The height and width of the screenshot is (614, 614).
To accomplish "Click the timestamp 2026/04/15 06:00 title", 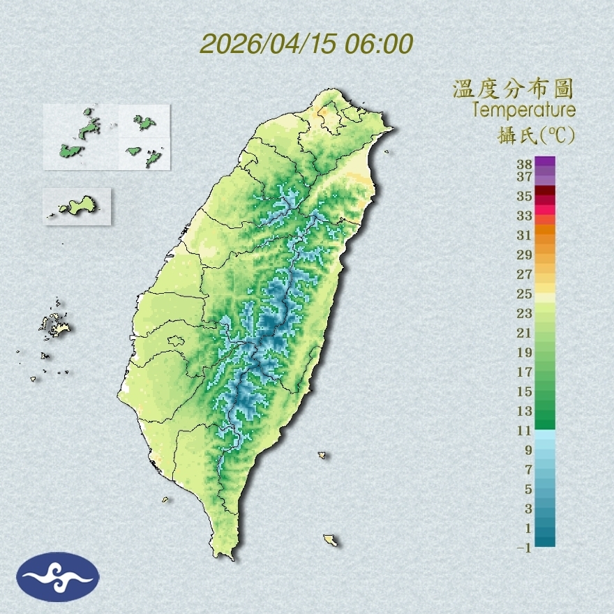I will (x=306, y=43).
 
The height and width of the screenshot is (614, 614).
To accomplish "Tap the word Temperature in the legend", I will (x=523, y=110).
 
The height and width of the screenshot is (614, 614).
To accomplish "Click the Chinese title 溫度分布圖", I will (x=513, y=89).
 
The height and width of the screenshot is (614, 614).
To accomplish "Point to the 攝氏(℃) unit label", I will (x=533, y=136).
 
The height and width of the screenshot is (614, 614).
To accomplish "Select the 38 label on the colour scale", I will (x=524, y=165).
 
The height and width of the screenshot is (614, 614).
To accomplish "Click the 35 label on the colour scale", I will (x=524, y=197).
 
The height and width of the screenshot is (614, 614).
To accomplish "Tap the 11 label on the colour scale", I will (x=524, y=431).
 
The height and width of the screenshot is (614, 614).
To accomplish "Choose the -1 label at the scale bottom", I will (x=524, y=548).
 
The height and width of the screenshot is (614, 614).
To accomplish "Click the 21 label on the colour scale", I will (x=524, y=333).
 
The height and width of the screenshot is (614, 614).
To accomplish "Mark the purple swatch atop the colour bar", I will (x=545, y=161).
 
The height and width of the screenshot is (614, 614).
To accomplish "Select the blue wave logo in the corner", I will (x=58, y=576).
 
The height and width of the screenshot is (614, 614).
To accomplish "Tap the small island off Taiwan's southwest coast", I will (x=165, y=499).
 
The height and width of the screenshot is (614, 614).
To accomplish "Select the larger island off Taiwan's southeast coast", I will (x=331, y=540).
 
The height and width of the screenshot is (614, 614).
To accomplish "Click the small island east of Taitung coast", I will (x=322, y=455).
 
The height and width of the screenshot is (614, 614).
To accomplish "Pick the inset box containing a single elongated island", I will (x=77, y=206).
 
